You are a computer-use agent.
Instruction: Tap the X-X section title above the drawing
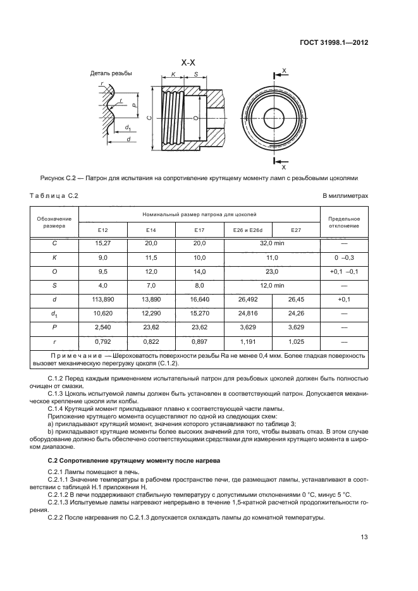click(188, 63)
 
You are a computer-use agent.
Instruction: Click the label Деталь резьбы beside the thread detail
click(111, 73)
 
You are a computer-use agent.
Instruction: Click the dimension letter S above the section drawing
click(197, 75)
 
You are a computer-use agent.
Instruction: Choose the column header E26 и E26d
click(248, 230)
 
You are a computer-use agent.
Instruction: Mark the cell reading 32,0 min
click(273, 243)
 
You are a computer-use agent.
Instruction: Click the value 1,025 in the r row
click(296, 341)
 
